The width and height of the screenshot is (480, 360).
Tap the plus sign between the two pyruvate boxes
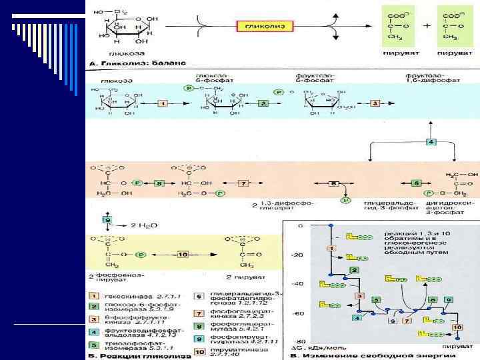(x=427, y=27)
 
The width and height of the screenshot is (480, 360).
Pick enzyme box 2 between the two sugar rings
(x=263, y=104)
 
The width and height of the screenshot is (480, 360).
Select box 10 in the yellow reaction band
(x=183, y=254)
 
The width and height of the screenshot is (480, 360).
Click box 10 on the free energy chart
(x=457, y=327)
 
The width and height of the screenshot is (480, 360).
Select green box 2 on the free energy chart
(x=355, y=269)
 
